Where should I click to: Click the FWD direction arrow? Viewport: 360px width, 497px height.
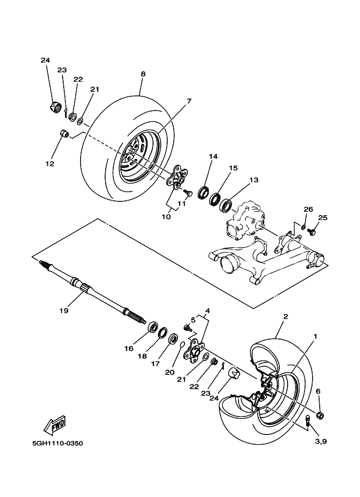tap(54, 425)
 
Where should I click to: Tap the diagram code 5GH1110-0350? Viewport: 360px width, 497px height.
tap(57, 443)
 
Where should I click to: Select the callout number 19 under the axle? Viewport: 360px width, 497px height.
tap(64, 311)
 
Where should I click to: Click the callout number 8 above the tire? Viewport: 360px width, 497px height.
tap(143, 74)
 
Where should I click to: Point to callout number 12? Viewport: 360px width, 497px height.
tap(50, 163)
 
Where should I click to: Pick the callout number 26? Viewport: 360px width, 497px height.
tap(308, 209)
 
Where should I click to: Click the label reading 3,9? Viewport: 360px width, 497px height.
tap(321, 441)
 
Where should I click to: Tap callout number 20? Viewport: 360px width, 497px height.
tap(170, 372)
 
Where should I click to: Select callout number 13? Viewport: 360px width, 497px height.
tap(254, 180)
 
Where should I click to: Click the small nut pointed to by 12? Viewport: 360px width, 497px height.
tap(64, 134)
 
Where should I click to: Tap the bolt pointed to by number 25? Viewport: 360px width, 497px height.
tap(312, 232)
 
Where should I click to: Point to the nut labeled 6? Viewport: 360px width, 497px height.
tap(320, 415)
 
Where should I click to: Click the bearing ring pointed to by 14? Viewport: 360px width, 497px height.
tap(203, 193)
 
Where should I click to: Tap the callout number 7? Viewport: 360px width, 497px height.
tap(190, 101)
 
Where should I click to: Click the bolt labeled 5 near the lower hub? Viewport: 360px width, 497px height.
tap(188, 328)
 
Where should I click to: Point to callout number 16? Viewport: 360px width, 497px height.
tap(129, 348)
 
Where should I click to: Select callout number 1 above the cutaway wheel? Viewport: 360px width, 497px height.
tap(315, 336)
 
